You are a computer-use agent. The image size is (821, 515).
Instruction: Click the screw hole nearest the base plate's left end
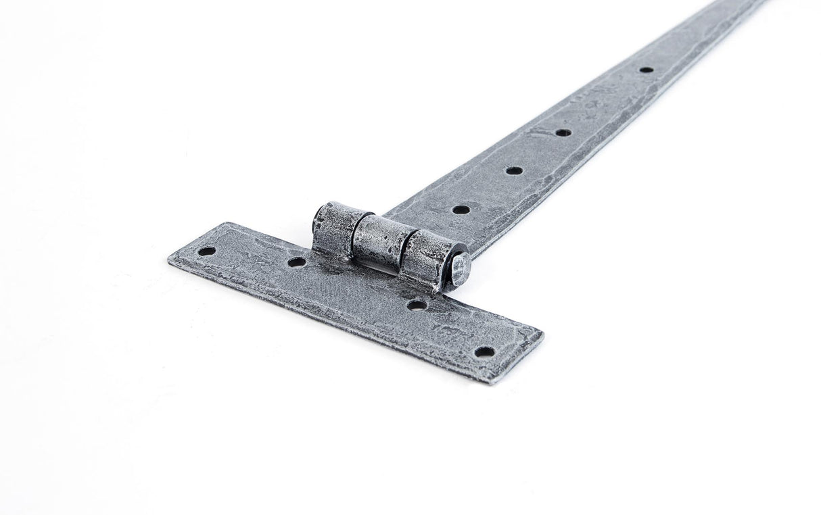[x=206, y=251]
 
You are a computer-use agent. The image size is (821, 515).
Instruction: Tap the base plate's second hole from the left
[x=296, y=262]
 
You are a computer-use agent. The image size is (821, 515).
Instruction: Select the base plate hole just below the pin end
[x=417, y=305]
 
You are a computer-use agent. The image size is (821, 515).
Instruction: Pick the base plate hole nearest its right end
[x=484, y=351]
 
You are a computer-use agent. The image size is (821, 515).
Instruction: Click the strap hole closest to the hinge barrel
[x=461, y=210]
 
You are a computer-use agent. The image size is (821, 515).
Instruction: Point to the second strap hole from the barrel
[x=514, y=170]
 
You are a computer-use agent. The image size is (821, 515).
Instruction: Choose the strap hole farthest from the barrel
[x=646, y=70]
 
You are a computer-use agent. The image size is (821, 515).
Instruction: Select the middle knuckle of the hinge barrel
[x=383, y=241]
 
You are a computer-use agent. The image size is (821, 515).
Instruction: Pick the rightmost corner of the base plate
[x=542, y=333]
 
